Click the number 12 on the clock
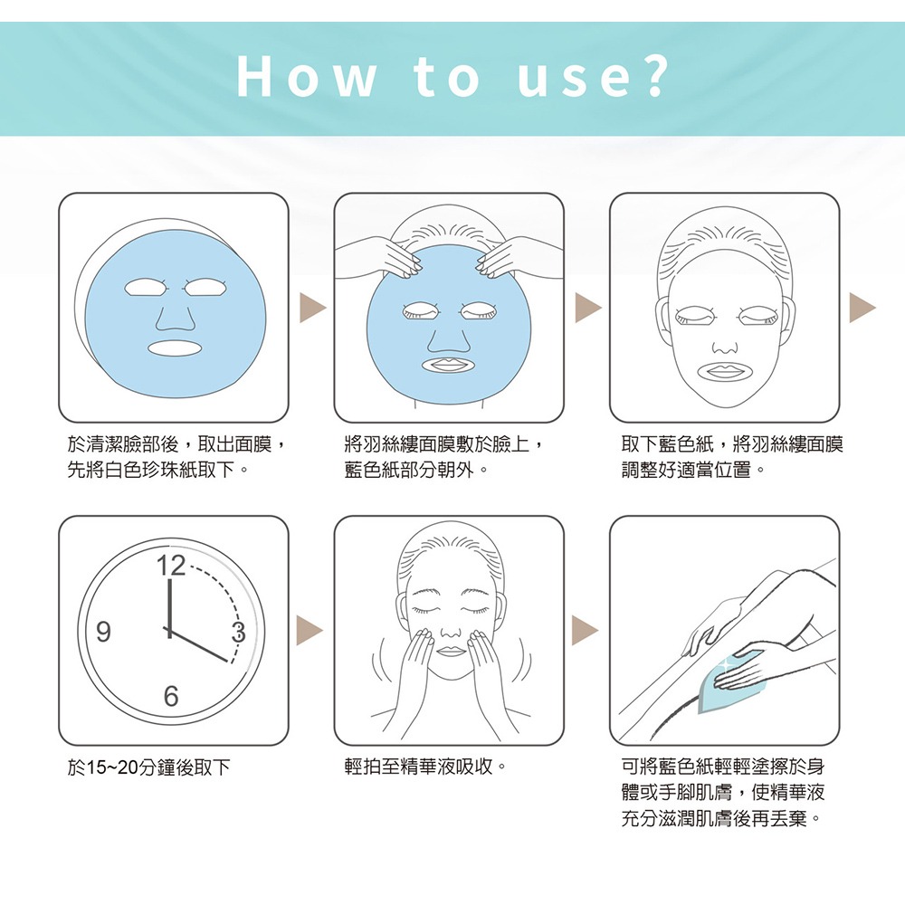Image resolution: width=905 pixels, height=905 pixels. (x=169, y=567)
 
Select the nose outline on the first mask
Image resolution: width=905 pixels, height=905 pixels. (x=175, y=318)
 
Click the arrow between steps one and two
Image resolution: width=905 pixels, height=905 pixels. (x=311, y=308)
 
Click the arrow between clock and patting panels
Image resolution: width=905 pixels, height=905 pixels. (x=311, y=631)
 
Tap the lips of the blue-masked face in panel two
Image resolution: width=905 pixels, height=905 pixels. (x=449, y=365)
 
